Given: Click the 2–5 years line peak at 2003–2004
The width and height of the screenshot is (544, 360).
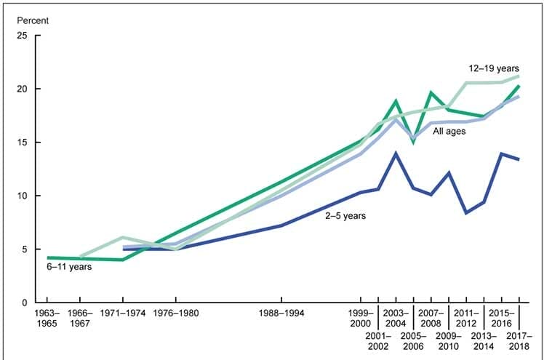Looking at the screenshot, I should pyautogui.click(x=395, y=153).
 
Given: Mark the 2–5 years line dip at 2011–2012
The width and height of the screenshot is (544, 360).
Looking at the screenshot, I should pyautogui.click(x=466, y=212).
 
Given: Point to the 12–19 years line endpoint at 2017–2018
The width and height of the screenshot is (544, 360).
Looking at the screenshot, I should pyautogui.click(x=519, y=76).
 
